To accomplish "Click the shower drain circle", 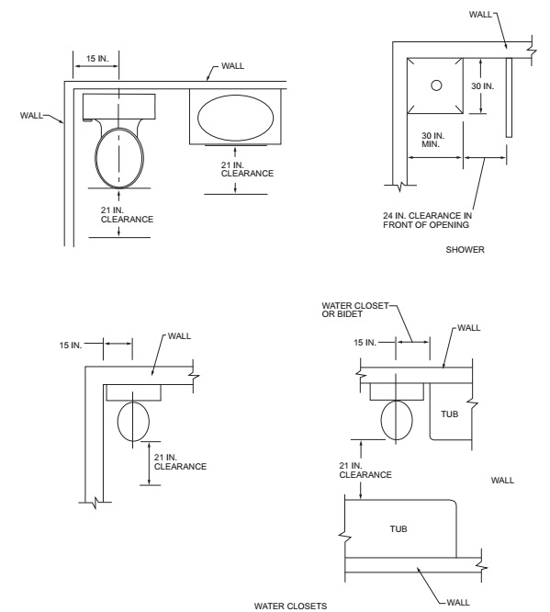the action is coord(436,85).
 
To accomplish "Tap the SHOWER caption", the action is coord(465,249).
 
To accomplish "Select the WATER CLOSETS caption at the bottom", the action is coord(290,606).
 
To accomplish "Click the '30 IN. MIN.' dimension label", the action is coord(433,140).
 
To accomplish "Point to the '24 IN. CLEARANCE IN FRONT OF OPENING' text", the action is coord(427,221).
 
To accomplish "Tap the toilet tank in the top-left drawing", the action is coord(119,107).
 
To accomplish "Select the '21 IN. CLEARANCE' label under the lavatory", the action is coord(247,169).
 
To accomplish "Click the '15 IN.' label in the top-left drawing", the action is coord(97,59).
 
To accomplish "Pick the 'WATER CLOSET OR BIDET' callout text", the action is coord(355,310).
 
